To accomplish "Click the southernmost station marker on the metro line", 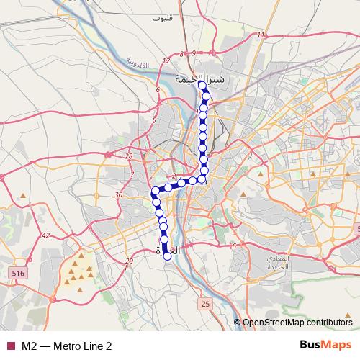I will [168, 255].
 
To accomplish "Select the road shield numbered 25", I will [205, 304].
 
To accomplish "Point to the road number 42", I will [45, 235].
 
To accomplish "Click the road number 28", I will [129, 156].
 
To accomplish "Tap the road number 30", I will [120, 194].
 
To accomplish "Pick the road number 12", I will [166, 61].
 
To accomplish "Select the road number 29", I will [129, 261].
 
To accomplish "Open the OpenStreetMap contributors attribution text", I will [297, 323].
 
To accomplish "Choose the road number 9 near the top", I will [194, 54].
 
